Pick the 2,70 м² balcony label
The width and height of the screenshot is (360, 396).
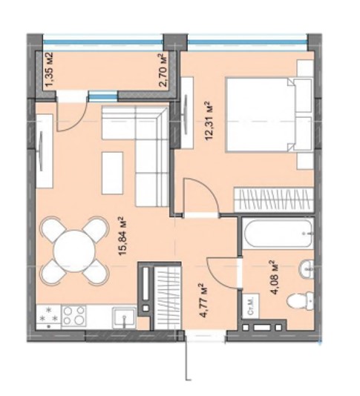165,70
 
